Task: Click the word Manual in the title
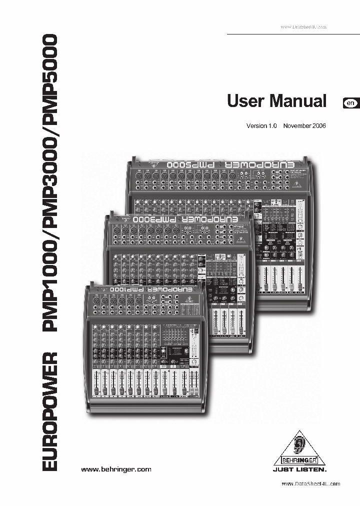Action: click(297, 100)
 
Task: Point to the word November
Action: click(298, 126)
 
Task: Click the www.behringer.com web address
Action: click(116, 469)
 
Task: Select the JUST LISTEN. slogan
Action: click(299, 470)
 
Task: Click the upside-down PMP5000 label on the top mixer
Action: click(187, 164)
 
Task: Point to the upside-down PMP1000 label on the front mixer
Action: click(126, 289)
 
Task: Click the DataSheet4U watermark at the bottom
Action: click(310, 484)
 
